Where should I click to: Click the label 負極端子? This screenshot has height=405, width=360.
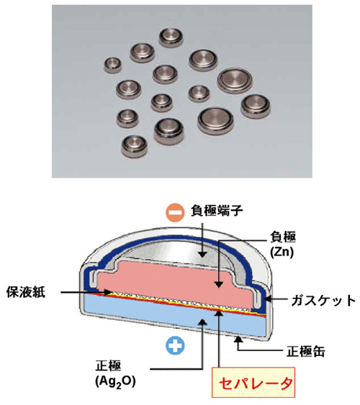(217, 211)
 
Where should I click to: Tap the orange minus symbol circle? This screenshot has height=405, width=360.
(175, 213)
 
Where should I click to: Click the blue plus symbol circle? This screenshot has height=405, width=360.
(175, 345)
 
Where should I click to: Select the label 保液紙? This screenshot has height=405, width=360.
(26, 292)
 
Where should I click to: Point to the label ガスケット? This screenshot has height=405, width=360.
(323, 301)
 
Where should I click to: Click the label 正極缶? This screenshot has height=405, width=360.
(306, 352)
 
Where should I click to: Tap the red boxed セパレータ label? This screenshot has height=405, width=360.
(253, 383)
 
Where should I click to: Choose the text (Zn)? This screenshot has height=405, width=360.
(282, 252)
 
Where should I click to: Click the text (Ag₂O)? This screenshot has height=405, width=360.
(115, 381)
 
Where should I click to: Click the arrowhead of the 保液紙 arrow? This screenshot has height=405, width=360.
(109, 292)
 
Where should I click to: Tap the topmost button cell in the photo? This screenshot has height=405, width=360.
(171, 38)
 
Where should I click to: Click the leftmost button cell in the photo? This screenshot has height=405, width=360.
(113, 65)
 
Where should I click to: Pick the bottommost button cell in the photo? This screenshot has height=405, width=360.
(135, 147)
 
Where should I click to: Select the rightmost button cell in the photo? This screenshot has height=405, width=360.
(256, 106)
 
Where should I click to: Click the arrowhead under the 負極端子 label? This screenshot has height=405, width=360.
(203, 254)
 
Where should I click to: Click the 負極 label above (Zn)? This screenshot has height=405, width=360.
(283, 237)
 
